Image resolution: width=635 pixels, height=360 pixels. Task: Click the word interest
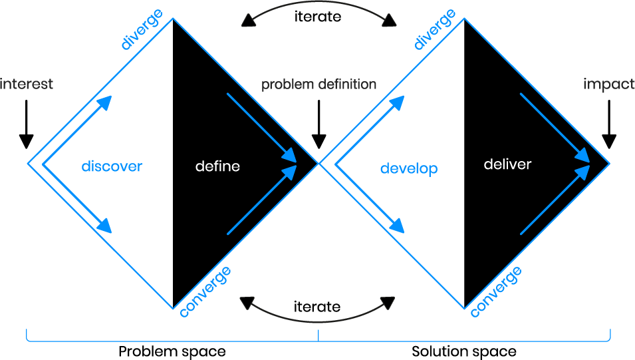(x=27, y=85)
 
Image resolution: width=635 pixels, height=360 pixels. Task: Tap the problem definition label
(x=318, y=85)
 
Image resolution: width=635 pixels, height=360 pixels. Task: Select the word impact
(x=608, y=85)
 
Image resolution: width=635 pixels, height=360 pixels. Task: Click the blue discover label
(x=112, y=166)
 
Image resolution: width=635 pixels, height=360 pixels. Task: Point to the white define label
(x=217, y=166)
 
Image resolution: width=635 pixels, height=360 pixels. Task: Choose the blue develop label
(x=409, y=169)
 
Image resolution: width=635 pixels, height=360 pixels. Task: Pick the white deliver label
(x=507, y=164)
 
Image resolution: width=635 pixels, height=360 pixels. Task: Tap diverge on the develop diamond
(x=436, y=30)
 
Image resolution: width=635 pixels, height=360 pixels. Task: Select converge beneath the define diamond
(x=205, y=291)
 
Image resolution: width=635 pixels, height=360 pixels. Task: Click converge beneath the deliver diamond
(x=496, y=291)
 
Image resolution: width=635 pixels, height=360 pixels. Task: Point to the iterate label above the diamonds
(x=318, y=16)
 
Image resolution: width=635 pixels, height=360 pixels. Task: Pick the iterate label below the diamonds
(x=317, y=307)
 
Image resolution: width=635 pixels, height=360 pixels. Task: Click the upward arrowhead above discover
(x=104, y=102)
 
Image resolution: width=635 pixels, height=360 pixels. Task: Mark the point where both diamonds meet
(x=319, y=164)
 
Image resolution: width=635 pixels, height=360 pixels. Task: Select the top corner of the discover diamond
(x=174, y=19)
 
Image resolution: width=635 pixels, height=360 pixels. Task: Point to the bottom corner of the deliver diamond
(x=464, y=309)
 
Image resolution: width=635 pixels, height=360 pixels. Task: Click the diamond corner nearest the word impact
(x=609, y=164)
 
